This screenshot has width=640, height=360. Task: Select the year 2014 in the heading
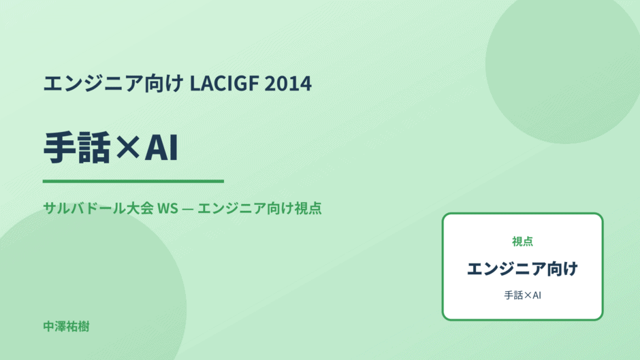pos(288,83)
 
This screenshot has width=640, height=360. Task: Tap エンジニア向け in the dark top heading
pos(114,83)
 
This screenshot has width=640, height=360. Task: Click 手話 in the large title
pos(77,148)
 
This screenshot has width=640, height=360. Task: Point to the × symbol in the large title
pos(128,148)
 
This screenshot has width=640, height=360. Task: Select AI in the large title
pos(161,148)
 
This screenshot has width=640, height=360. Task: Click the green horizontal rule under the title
pos(133,181)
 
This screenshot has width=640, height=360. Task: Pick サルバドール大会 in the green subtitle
pos(98,208)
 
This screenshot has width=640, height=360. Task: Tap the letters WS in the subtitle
pos(167,208)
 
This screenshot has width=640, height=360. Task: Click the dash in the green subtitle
pos(188,208)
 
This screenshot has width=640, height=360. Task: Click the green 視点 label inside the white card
pos(522,241)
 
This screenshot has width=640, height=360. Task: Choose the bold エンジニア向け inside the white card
pos(522,269)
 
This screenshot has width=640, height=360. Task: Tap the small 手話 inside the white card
pos(513,295)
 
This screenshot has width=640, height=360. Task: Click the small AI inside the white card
pos(537,295)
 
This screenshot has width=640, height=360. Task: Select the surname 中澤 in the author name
pos(54,327)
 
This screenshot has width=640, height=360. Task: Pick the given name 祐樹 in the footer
pos(78,327)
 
